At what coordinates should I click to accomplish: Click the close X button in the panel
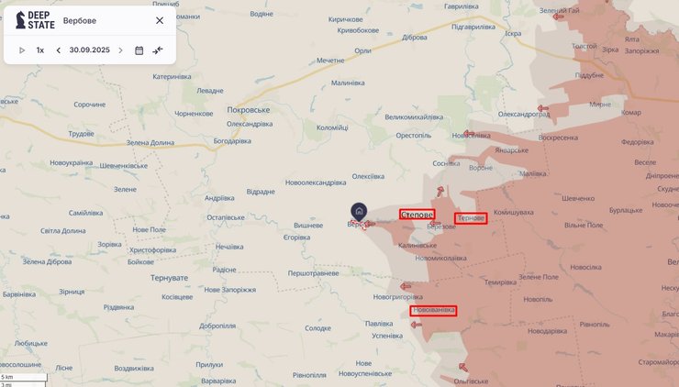click(x=160, y=20)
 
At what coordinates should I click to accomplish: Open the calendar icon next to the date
click(x=139, y=50)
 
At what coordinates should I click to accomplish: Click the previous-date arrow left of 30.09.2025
click(x=59, y=50)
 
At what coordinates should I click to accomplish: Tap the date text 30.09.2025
click(x=89, y=50)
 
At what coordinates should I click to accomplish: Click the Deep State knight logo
click(x=20, y=20)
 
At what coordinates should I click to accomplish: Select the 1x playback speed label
click(x=40, y=50)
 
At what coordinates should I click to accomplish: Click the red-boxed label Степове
click(x=417, y=215)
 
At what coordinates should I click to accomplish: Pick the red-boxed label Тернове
click(x=471, y=218)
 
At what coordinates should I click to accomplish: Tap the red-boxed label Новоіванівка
click(x=433, y=311)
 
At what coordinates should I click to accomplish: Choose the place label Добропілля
click(x=217, y=326)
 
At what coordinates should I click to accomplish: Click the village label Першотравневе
click(x=314, y=273)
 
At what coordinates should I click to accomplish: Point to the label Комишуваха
click(x=514, y=212)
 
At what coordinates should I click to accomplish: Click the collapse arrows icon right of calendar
click(x=158, y=50)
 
